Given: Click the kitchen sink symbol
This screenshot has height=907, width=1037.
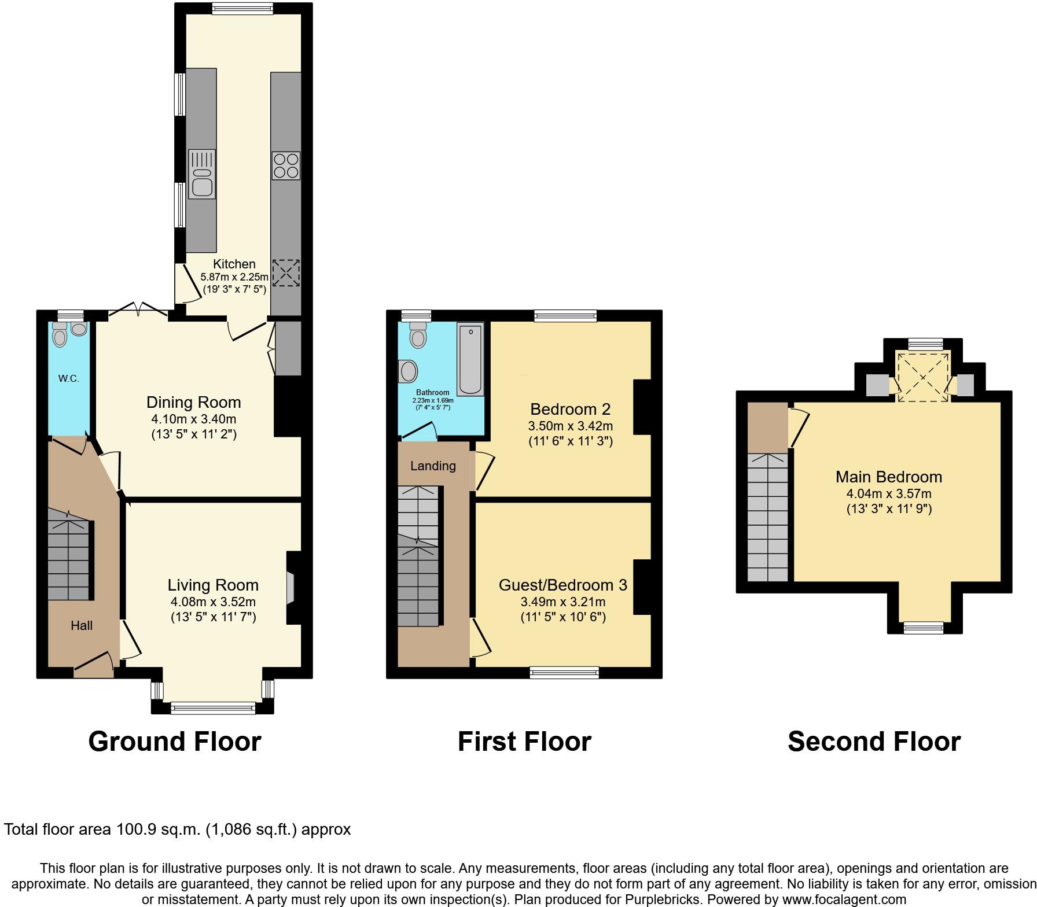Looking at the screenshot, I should point(201,174).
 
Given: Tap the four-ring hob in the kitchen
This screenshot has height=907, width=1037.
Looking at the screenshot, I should point(286,165).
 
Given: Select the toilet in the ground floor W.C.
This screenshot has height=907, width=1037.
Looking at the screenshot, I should point(59,334).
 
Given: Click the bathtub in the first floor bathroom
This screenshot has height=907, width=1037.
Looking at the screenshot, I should point(470,359).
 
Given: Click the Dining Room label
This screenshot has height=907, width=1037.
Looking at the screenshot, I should point(193,403).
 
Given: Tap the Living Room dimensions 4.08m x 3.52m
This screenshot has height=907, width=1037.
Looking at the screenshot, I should point(213,602).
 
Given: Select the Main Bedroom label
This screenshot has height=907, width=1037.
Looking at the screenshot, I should point(889,477).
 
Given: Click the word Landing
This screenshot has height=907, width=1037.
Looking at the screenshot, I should point(433,466).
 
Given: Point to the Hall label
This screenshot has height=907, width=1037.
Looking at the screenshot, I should point(82,625).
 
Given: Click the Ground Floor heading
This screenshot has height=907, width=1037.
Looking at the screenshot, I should point(174,742).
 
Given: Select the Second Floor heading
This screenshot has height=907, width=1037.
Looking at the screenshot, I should point(874,742).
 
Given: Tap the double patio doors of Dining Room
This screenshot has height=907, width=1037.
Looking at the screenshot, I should point(139,310).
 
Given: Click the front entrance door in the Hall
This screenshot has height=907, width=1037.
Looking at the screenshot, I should point(94,665).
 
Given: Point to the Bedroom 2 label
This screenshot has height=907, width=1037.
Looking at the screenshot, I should point(570,410).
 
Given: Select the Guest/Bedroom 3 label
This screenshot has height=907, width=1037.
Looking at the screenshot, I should point(562,585).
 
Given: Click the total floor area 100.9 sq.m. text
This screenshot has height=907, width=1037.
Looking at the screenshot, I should point(177,829).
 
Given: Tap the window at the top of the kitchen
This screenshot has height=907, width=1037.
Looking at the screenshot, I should point(242,8).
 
